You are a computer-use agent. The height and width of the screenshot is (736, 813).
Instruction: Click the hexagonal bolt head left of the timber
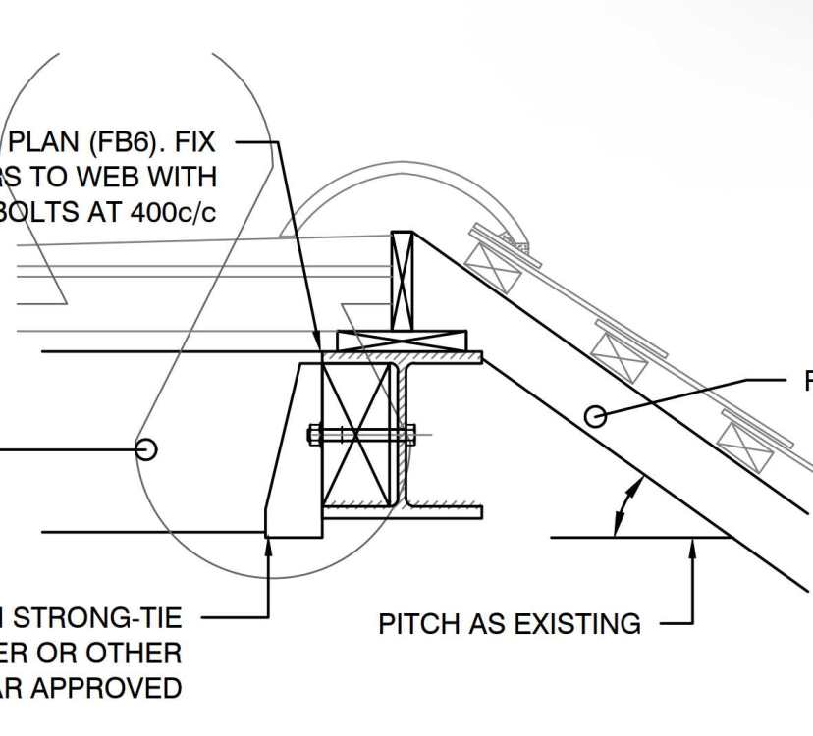[314, 434]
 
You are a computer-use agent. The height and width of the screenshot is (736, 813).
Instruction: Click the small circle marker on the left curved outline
[145, 448]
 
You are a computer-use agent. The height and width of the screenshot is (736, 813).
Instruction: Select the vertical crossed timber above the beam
[403, 281]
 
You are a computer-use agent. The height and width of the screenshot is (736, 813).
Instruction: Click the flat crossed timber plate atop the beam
[403, 341]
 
